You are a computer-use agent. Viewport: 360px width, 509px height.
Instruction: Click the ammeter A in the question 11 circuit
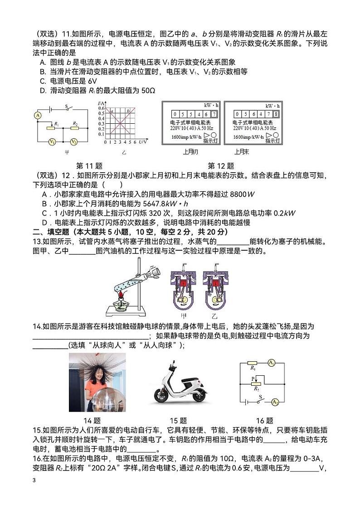(x=39, y=116)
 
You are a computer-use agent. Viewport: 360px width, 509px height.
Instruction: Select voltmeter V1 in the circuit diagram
(x=53, y=142)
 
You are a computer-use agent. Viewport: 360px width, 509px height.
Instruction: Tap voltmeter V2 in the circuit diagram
(x=73, y=142)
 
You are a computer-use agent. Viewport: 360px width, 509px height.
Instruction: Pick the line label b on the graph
(x=128, y=111)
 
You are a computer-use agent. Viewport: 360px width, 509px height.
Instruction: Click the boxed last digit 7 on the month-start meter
(x=214, y=114)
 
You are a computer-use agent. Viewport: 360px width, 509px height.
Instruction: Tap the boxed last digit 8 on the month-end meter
(x=276, y=114)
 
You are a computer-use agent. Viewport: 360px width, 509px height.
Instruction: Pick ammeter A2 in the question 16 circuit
(x=275, y=402)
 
